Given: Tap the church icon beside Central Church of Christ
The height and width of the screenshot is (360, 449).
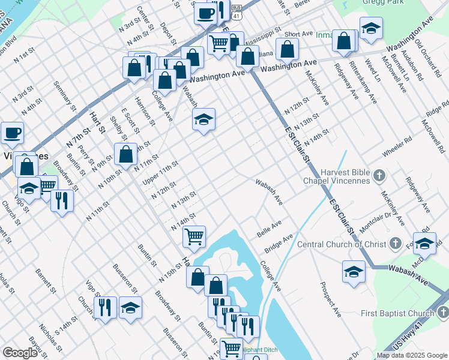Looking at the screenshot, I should point(395,244).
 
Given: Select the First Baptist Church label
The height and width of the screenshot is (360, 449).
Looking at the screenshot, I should point(397,314).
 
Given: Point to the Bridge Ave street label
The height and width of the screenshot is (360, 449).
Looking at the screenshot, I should point(279,243).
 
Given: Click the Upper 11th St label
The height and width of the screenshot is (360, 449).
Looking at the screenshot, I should point(160,173).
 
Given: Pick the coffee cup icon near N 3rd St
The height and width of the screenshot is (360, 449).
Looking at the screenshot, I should point(12,133).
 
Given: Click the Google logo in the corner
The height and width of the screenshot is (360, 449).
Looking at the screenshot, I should point(20,353).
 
